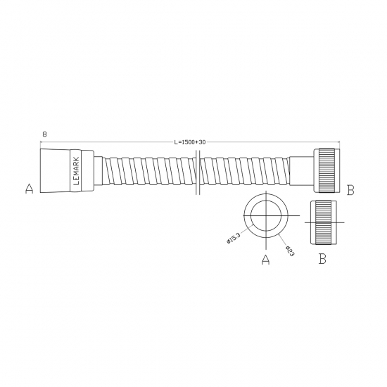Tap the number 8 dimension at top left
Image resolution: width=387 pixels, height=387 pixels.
click(x=44, y=132)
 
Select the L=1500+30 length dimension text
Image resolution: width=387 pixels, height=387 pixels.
click(x=189, y=142)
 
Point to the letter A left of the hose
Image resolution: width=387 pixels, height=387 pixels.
click(x=29, y=189)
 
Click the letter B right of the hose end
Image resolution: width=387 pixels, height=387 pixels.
click(x=350, y=189)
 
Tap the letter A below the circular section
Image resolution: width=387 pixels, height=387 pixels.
click(x=266, y=260)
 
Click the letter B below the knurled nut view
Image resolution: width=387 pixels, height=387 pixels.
click(x=322, y=260)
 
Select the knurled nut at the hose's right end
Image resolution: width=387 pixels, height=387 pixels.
click(x=327, y=170)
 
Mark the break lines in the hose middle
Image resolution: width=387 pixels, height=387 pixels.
click(x=198, y=170)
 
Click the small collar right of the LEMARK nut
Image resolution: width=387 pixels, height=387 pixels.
click(x=98, y=170)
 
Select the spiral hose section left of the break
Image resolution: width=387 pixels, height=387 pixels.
click(x=148, y=171)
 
